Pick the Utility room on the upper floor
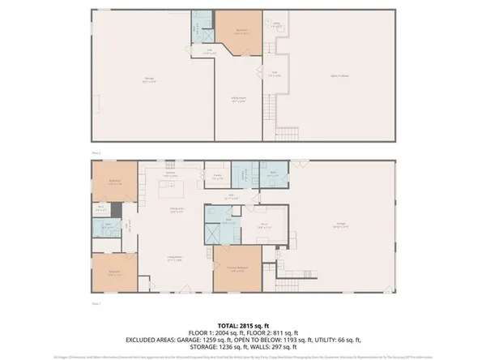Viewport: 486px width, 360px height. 276,26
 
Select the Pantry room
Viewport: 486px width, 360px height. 218,175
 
